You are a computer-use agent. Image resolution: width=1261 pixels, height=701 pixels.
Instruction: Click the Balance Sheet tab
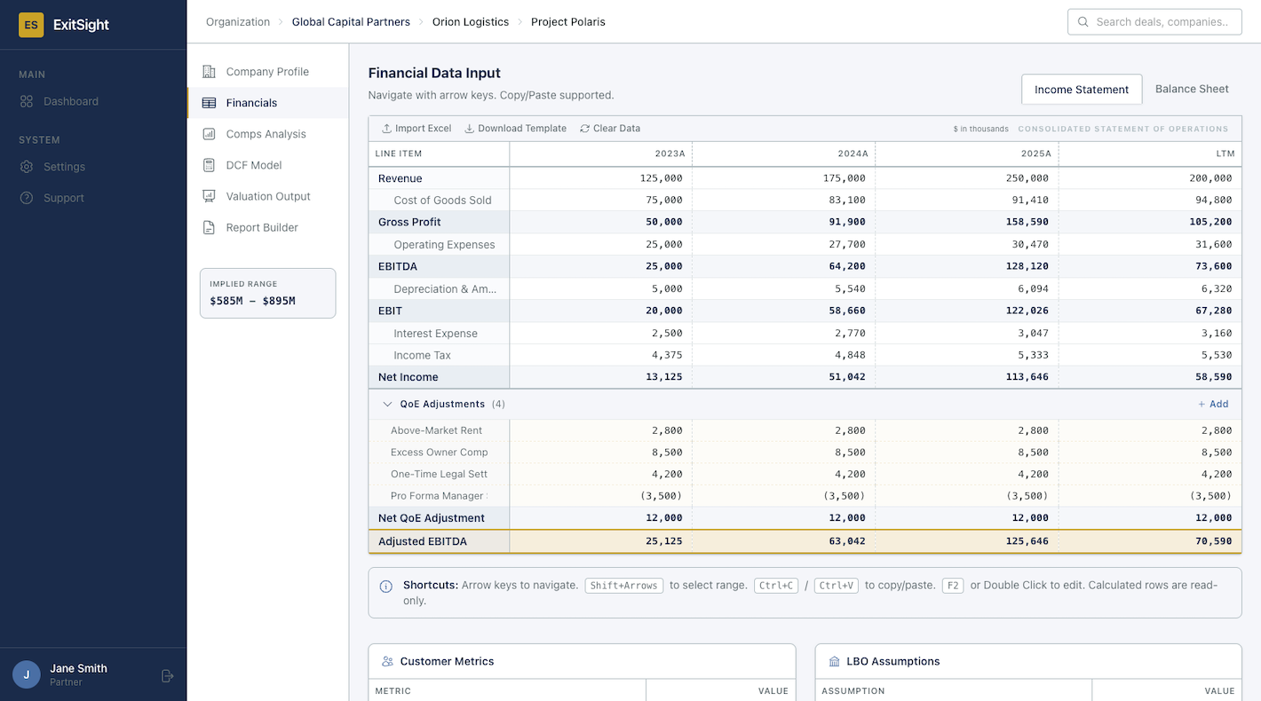(x=1191, y=89)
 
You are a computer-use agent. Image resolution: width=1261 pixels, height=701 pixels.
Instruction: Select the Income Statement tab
(x=1081, y=90)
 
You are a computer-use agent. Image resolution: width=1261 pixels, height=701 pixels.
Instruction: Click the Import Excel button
(x=416, y=129)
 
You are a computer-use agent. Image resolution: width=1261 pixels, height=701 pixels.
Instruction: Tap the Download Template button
(x=515, y=129)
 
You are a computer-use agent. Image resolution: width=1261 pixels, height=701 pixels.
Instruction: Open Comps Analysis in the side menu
(x=266, y=134)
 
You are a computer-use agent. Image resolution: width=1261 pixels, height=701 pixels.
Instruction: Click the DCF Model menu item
(x=253, y=165)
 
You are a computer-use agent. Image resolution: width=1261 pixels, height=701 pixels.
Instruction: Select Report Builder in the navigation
(x=261, y=227)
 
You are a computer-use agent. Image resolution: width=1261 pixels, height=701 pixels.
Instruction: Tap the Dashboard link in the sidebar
(x=70, y=101)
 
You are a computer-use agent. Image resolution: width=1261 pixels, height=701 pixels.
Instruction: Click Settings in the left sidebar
(x=64, y=167)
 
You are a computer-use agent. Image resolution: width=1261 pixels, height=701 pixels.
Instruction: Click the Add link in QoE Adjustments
(x=1213, y=404)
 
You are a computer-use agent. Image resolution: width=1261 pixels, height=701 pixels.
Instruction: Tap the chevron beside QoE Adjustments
(x=387, y=404)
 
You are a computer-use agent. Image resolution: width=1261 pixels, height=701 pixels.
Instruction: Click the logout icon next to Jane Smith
(x=167, y=676)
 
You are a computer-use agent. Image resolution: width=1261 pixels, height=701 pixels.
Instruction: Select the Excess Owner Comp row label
(x=439, y=453)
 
